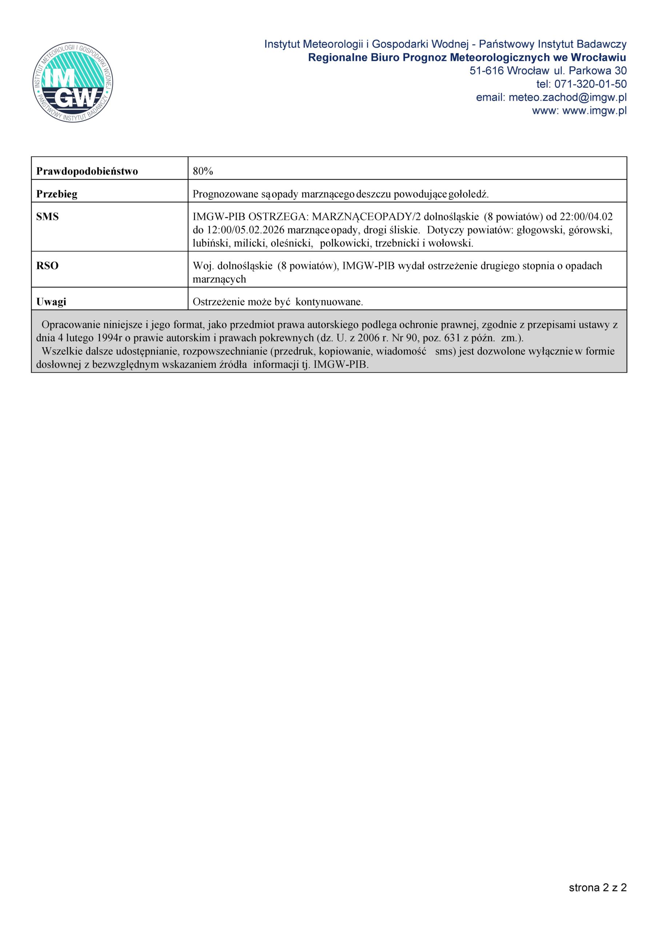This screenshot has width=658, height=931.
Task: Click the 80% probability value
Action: [x=203, y=172]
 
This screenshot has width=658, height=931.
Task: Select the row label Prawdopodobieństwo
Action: [x=87, y=172]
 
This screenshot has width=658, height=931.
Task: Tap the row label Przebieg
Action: [x=56, y=194]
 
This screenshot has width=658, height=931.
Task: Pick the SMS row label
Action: [x=47, y=217]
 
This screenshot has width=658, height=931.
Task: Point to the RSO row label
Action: [x=47, y=266]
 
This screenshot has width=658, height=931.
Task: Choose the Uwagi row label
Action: [x=51, y=302]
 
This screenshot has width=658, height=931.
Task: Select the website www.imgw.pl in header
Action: [x=594, y=111]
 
